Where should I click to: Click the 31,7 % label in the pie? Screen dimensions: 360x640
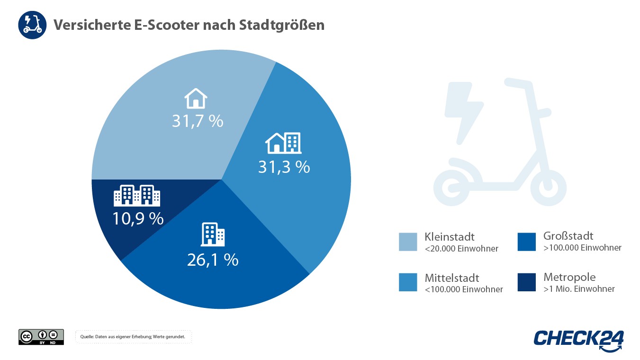(197, 121)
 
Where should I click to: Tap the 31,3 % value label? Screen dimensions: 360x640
(284, 167)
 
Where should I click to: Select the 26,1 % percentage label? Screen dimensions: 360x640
(213, 260)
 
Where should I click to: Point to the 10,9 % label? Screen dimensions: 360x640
(138, 218)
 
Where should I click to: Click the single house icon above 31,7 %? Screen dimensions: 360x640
(196, 99)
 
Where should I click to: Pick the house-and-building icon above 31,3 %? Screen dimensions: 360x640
(283, 143)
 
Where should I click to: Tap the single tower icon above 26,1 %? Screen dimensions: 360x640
(213, 234)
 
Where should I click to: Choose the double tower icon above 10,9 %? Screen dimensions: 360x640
(137, 195)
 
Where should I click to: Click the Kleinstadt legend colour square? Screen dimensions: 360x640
(408, 242)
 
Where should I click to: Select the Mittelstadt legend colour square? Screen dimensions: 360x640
(408, 282)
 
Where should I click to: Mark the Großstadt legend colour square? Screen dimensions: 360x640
(526, 242)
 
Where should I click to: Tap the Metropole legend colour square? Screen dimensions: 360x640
(526, 282)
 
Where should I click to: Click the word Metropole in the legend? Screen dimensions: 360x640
(569, 277)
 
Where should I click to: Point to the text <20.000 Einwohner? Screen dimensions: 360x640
(461, 249)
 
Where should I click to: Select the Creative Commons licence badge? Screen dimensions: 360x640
(41, 337)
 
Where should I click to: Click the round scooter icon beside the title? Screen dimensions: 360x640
(33, 25)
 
